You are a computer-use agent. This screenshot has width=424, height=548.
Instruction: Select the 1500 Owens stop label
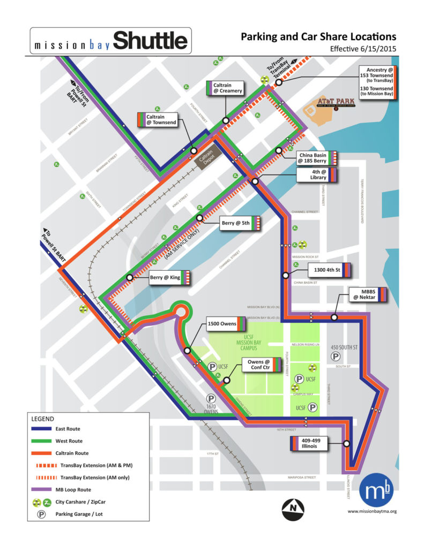coord(226,324)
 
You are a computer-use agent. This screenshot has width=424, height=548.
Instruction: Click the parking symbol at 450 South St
coord(336,356)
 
